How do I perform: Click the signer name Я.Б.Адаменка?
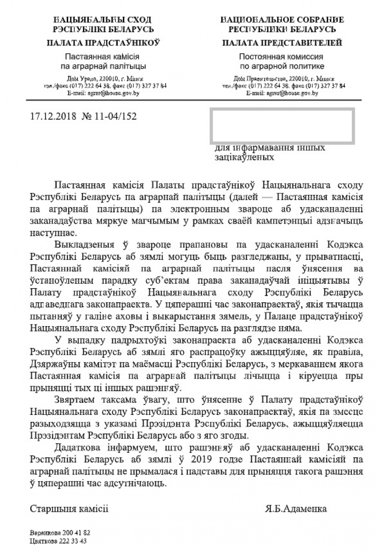point(295,509)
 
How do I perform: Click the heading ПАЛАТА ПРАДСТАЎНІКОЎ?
point(103,43)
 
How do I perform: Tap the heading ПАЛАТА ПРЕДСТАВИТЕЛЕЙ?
point(282,43)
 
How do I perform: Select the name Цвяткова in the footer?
point(44,541)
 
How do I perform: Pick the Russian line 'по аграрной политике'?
point(282,66)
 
